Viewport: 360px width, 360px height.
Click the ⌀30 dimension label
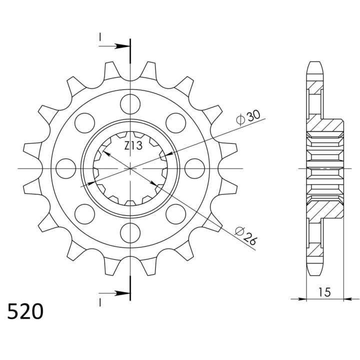pos(248,117)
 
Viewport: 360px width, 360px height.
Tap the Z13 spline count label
pos(133,145)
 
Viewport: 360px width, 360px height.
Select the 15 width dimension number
pos(324,292)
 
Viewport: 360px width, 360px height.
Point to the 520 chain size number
pos(25,311)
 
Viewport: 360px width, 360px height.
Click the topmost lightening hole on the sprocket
pos(130,104)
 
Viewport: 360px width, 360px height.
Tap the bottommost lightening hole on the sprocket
pos(130,233)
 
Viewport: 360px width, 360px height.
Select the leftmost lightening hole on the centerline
pos(66,168)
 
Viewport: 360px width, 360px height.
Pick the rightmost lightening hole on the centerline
pos(194,168)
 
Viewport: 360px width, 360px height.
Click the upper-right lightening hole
pos(175,123)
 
